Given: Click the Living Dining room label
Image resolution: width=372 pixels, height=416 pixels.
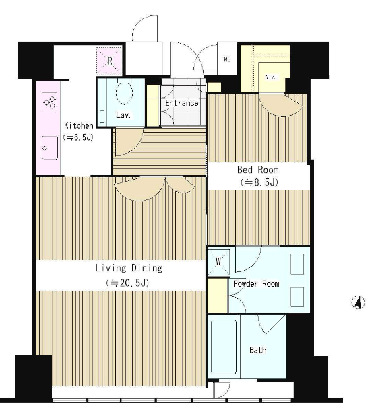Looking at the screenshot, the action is point(129,268).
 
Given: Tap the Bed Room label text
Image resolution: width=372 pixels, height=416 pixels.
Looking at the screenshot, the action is point(258,170).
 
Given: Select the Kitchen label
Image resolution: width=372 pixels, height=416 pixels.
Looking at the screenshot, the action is point(79,125).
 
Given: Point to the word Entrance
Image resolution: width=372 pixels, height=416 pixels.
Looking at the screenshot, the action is point(181,103).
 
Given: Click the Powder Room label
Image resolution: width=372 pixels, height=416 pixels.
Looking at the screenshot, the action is point(256,284).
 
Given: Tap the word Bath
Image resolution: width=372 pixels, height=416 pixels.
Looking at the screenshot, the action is point(258,350).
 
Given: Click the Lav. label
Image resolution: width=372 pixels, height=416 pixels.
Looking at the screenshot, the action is point(123,115).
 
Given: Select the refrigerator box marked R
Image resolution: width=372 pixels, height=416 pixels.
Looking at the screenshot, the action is point(109,61).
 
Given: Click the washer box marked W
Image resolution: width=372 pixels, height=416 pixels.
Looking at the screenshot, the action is point(218,262).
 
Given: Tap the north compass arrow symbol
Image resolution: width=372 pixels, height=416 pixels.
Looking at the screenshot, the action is point(359,302).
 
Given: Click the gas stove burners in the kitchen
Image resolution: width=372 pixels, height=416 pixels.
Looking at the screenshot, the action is point(50,102).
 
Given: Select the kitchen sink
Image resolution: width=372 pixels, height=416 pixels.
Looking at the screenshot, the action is point(50,148).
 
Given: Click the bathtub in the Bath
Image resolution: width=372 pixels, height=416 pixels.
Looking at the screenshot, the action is point(224,347).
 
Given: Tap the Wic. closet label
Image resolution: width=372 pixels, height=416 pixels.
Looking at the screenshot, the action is point(272,77).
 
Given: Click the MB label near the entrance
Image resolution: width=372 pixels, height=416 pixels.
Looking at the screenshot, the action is point(227,59).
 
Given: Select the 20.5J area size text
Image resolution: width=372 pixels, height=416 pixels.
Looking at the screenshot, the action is point(127,283).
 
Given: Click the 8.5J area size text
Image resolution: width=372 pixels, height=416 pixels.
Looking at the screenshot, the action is point(259,182).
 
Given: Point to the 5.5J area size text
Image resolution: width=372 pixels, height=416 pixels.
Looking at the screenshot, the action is point(78,137).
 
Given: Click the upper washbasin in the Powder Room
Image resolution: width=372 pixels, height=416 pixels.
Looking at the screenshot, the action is point(297,265).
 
